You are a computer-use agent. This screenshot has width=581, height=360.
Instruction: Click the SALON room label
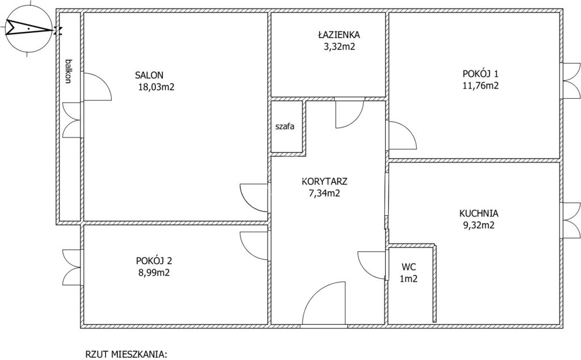pos(149,76)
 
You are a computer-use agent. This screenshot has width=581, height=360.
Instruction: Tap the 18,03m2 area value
pos(155,87)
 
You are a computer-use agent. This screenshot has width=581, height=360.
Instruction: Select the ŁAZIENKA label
pos(339,35)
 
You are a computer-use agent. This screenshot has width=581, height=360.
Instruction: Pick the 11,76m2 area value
pos(481,86)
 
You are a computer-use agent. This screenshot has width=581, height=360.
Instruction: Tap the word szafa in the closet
pos(285,127)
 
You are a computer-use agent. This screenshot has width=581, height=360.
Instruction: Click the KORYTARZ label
pos(325,182)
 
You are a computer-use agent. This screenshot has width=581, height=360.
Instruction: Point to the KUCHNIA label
pos(479,214)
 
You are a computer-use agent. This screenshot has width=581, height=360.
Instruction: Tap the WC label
pos(409,267)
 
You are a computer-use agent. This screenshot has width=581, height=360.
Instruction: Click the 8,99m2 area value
pos(154,273)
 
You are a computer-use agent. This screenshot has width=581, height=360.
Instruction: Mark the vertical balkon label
pos(68,71)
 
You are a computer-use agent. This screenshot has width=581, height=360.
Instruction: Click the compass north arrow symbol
pos(29,29)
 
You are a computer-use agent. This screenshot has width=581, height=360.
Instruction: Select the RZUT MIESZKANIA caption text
pos(127,354)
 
